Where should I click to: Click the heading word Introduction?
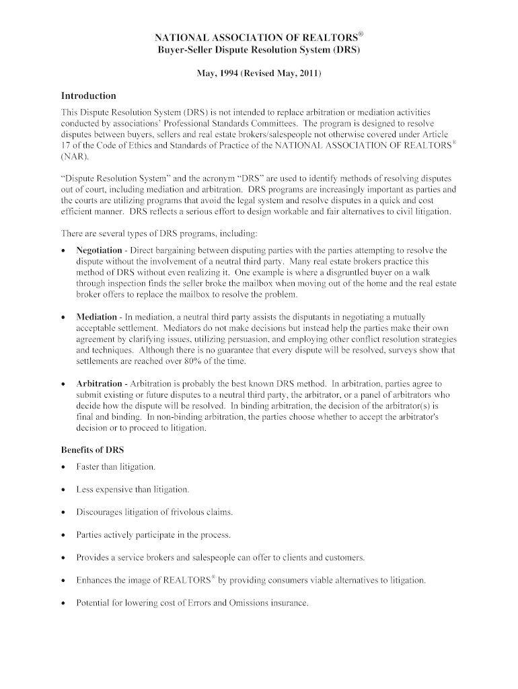(x=89, y=96)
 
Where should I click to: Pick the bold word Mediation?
(x=96, y=316)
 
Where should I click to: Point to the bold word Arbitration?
(x=98, y=383)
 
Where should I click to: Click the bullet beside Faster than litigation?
(x=63, y=466)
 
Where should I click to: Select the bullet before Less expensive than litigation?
(x=63, y=489)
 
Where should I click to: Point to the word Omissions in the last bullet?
(x=247, y=603)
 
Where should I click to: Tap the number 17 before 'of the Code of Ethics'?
(x=66, y=145)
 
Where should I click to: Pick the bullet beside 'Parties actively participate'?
(x=63, y=535)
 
